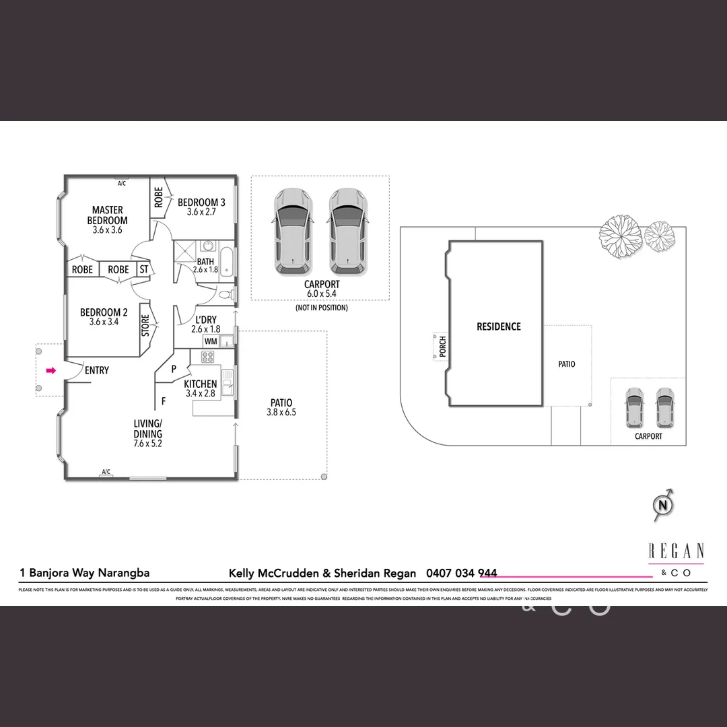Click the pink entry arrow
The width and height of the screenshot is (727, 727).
(x=50, y=370)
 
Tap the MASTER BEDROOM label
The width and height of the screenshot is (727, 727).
(x=108, y=215)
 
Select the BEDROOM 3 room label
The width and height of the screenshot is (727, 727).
(x=201, y=203)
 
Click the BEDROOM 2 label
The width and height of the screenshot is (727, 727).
(x=104, y=312)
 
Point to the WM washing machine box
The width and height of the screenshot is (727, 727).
(x=210, y=342)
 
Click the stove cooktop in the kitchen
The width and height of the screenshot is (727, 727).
(x=209, y=357)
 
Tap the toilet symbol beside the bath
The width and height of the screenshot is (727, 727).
(x=227, y=295)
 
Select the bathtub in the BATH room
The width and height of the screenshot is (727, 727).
(x=227, y=262)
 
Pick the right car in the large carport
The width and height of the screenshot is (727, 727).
(x=348, y=231)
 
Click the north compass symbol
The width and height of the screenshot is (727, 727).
(x=664, y=504)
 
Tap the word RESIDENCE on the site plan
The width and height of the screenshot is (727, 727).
(x=498, y=326)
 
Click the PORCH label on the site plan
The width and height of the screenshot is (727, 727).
(x=442, y=346)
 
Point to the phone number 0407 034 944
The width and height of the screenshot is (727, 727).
(x=462, y=574)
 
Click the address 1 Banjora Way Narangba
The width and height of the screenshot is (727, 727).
(x=84, y=574)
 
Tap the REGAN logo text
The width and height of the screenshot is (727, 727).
(x=676, y=551)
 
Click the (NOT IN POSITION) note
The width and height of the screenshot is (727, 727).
(x=321, y=308)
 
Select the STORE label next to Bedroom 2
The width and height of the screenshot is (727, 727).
(x=145, y=326)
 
